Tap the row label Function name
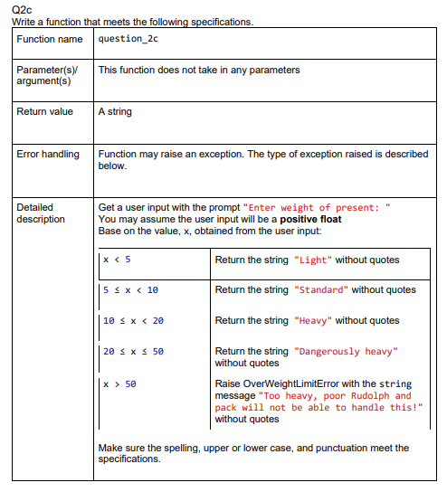click(x=50, y=39)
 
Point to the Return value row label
click(x=45, y=111)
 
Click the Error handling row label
click(x=48, y=154)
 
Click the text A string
click(x=115, y=111)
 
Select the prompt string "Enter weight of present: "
click(x=318, y=207)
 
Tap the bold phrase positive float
click(x=310, y=219)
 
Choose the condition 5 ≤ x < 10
click(x=131, y=289)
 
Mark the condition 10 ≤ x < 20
click(x=134, y=320)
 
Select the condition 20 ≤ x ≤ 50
click(x=134, y=351)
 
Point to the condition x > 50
click(x=119, y=383)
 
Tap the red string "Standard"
click(x=321, y=289)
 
